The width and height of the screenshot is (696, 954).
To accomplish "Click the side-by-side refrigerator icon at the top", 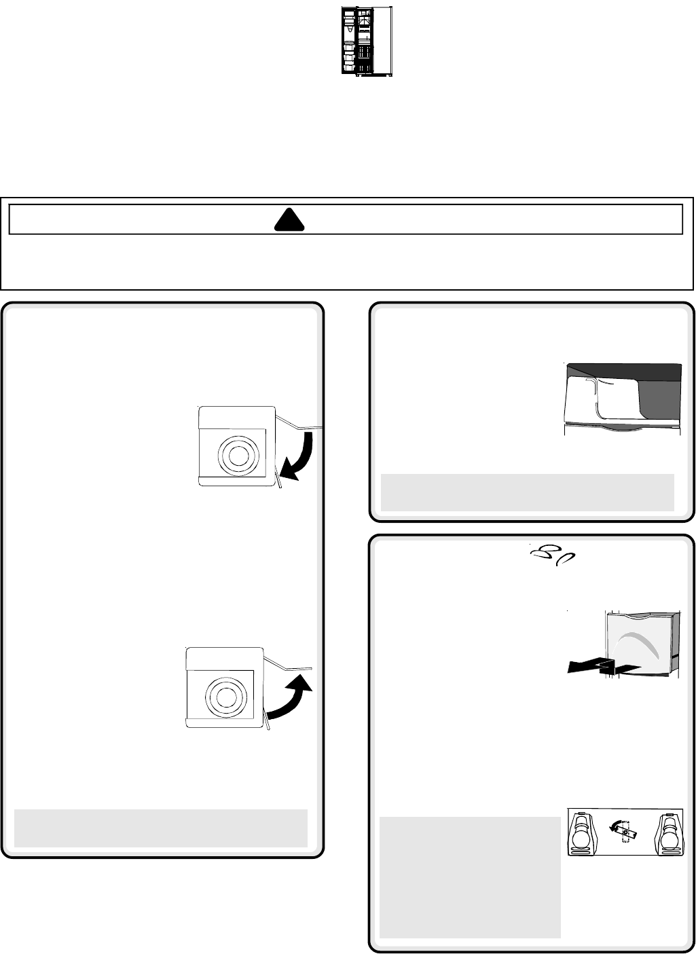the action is pos(367,41).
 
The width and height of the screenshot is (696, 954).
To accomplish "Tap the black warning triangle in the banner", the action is pos(285,219).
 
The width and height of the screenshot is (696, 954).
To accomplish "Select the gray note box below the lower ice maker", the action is pos(161,828).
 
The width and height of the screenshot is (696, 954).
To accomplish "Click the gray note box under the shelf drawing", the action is pos(528,492).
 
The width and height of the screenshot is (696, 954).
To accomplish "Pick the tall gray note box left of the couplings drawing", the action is pos(470,876).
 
